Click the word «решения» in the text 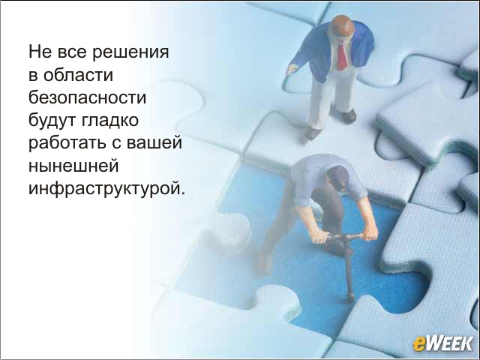(x=130, y=52)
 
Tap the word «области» (x=78, y=75)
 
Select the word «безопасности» (x=87, y=97)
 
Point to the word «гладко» (x=110, y=120)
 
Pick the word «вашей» (x=154, y=143)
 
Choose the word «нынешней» (x=73, y=166)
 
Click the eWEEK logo (x=442, y=343)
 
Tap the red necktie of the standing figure (x=342, y=57)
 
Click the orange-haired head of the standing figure (x=342, y=27)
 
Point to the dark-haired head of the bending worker (x=338, y=178)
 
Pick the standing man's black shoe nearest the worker (x=313, y=133)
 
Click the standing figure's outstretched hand (x=292, y=69)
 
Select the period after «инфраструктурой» (x=183, y=193)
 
